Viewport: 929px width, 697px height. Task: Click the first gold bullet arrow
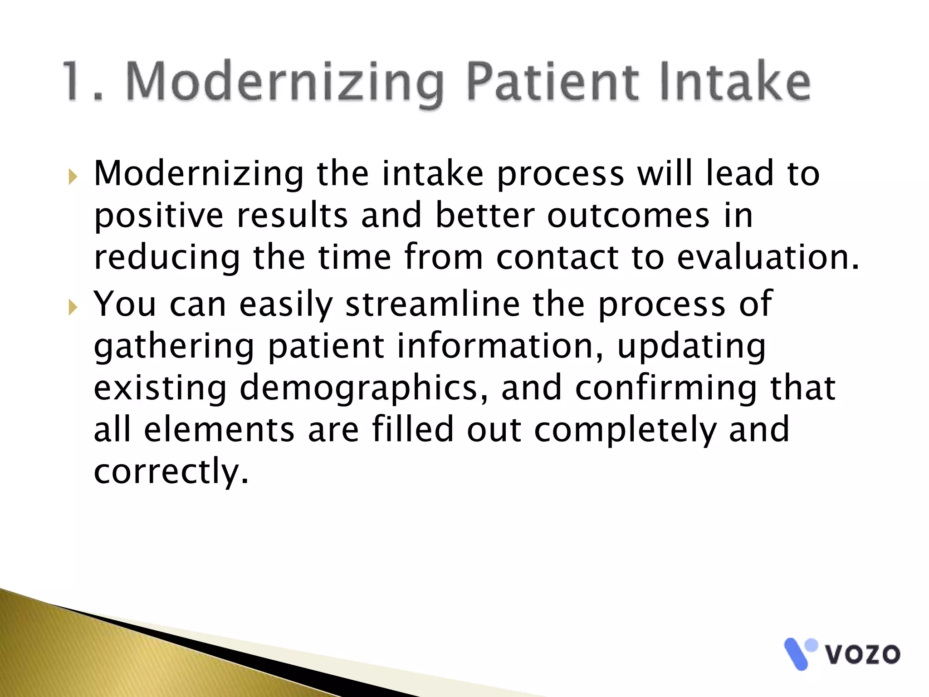point(73,177)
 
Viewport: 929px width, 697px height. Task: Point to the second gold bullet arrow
point(73,307)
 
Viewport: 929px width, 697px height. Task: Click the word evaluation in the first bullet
point(768,257)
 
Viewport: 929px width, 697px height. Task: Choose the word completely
point(625,430)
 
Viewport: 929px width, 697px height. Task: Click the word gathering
point(174,347)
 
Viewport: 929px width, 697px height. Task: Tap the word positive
point(159,216)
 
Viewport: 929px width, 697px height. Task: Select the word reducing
point(166,257)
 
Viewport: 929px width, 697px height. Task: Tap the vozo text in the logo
point(862,654)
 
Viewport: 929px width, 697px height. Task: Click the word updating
point(691,347)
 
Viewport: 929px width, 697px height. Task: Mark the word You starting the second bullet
point(125,304)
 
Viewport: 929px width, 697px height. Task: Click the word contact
point(557,257)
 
